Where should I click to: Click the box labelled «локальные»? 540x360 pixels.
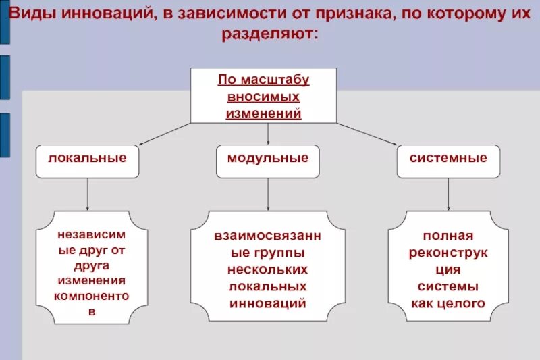point(88,161)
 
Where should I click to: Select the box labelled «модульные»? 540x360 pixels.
point(268,161)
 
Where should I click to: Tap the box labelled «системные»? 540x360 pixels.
point(448,161)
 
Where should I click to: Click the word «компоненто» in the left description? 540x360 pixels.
point(92,295)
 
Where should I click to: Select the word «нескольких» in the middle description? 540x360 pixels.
point(268,269)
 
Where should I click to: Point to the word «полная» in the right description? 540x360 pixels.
point(448,236)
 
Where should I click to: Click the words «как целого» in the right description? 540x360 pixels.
point(448,303)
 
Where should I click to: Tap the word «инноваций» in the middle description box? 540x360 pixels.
point(268,303)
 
